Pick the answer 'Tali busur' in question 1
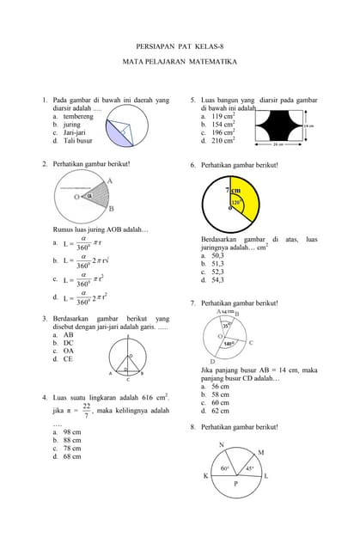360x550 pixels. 71,140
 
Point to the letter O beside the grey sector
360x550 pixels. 76,197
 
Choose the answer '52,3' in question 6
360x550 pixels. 211,272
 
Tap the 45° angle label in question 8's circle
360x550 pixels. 249,469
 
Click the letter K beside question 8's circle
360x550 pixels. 205,476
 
